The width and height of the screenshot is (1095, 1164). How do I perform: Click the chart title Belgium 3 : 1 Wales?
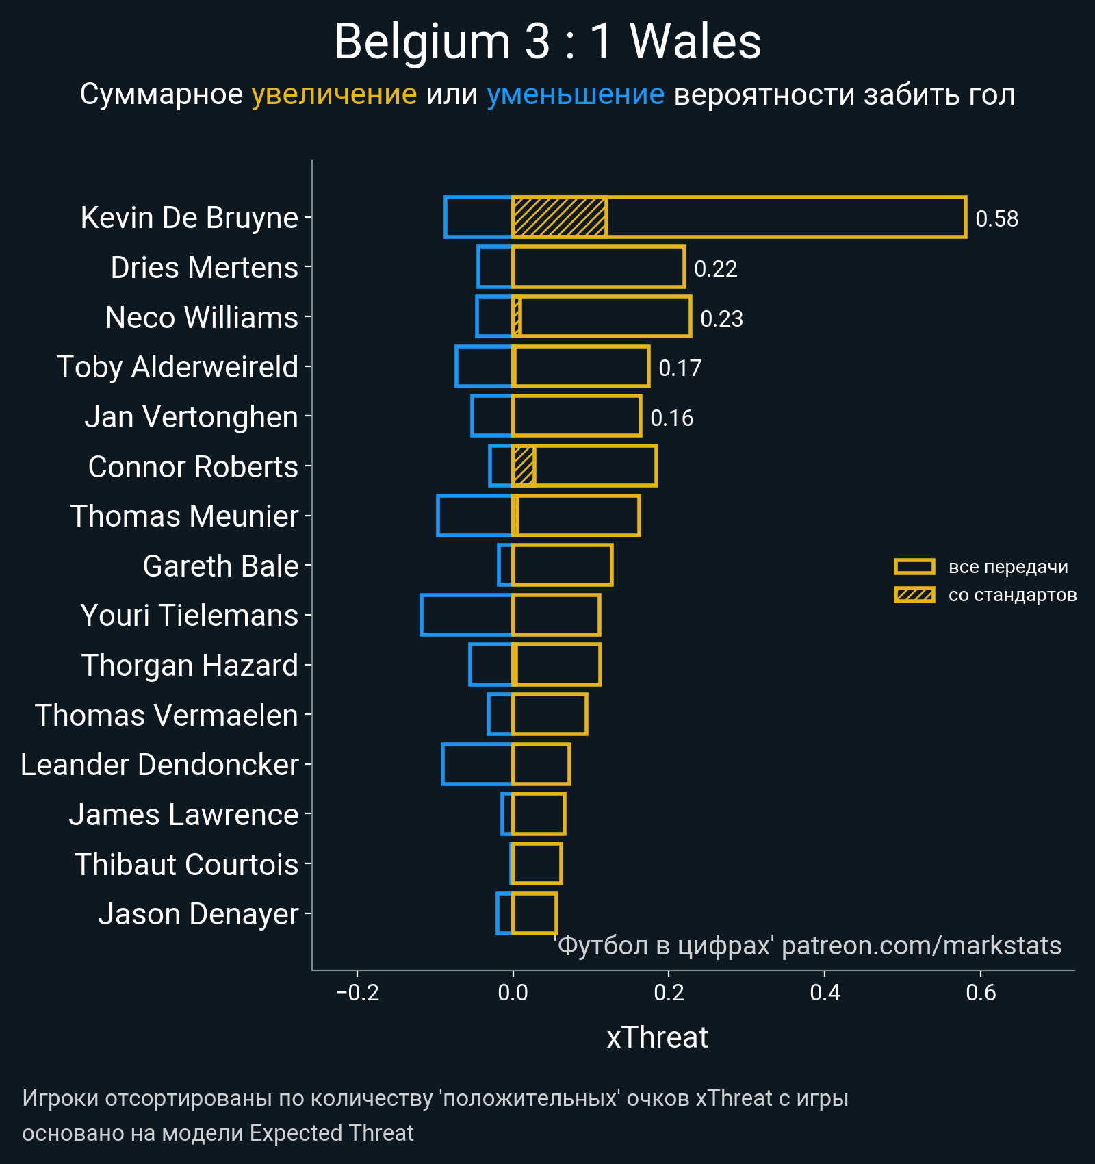547,42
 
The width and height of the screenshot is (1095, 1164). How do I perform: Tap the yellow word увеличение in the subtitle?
334,94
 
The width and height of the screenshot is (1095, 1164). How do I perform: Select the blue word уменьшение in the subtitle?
575,94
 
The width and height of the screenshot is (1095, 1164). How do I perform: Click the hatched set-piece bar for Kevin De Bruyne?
559,217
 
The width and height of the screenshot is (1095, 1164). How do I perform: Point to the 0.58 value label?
996,219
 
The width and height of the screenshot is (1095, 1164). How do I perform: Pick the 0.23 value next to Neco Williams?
721,319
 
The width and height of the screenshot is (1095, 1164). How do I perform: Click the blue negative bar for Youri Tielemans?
467,615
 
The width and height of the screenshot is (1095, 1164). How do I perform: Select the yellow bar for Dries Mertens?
598,266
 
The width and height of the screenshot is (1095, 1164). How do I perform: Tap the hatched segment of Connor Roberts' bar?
524,466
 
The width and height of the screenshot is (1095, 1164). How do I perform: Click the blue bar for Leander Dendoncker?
478,764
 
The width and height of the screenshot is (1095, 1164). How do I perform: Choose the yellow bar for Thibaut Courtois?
537,863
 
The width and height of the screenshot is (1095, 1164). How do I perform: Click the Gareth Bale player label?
220,566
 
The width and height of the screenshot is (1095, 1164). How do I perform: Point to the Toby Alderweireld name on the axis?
177,367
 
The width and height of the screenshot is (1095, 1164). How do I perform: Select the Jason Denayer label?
198,914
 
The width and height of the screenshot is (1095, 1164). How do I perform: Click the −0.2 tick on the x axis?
357,993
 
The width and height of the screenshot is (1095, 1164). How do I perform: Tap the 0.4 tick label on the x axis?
825,993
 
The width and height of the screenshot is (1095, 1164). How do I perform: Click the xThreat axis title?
657,1037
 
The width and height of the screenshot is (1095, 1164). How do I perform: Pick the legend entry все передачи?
1007,567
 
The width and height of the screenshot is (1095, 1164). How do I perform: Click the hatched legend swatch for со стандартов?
914,595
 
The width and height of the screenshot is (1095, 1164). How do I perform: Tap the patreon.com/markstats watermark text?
921,946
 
